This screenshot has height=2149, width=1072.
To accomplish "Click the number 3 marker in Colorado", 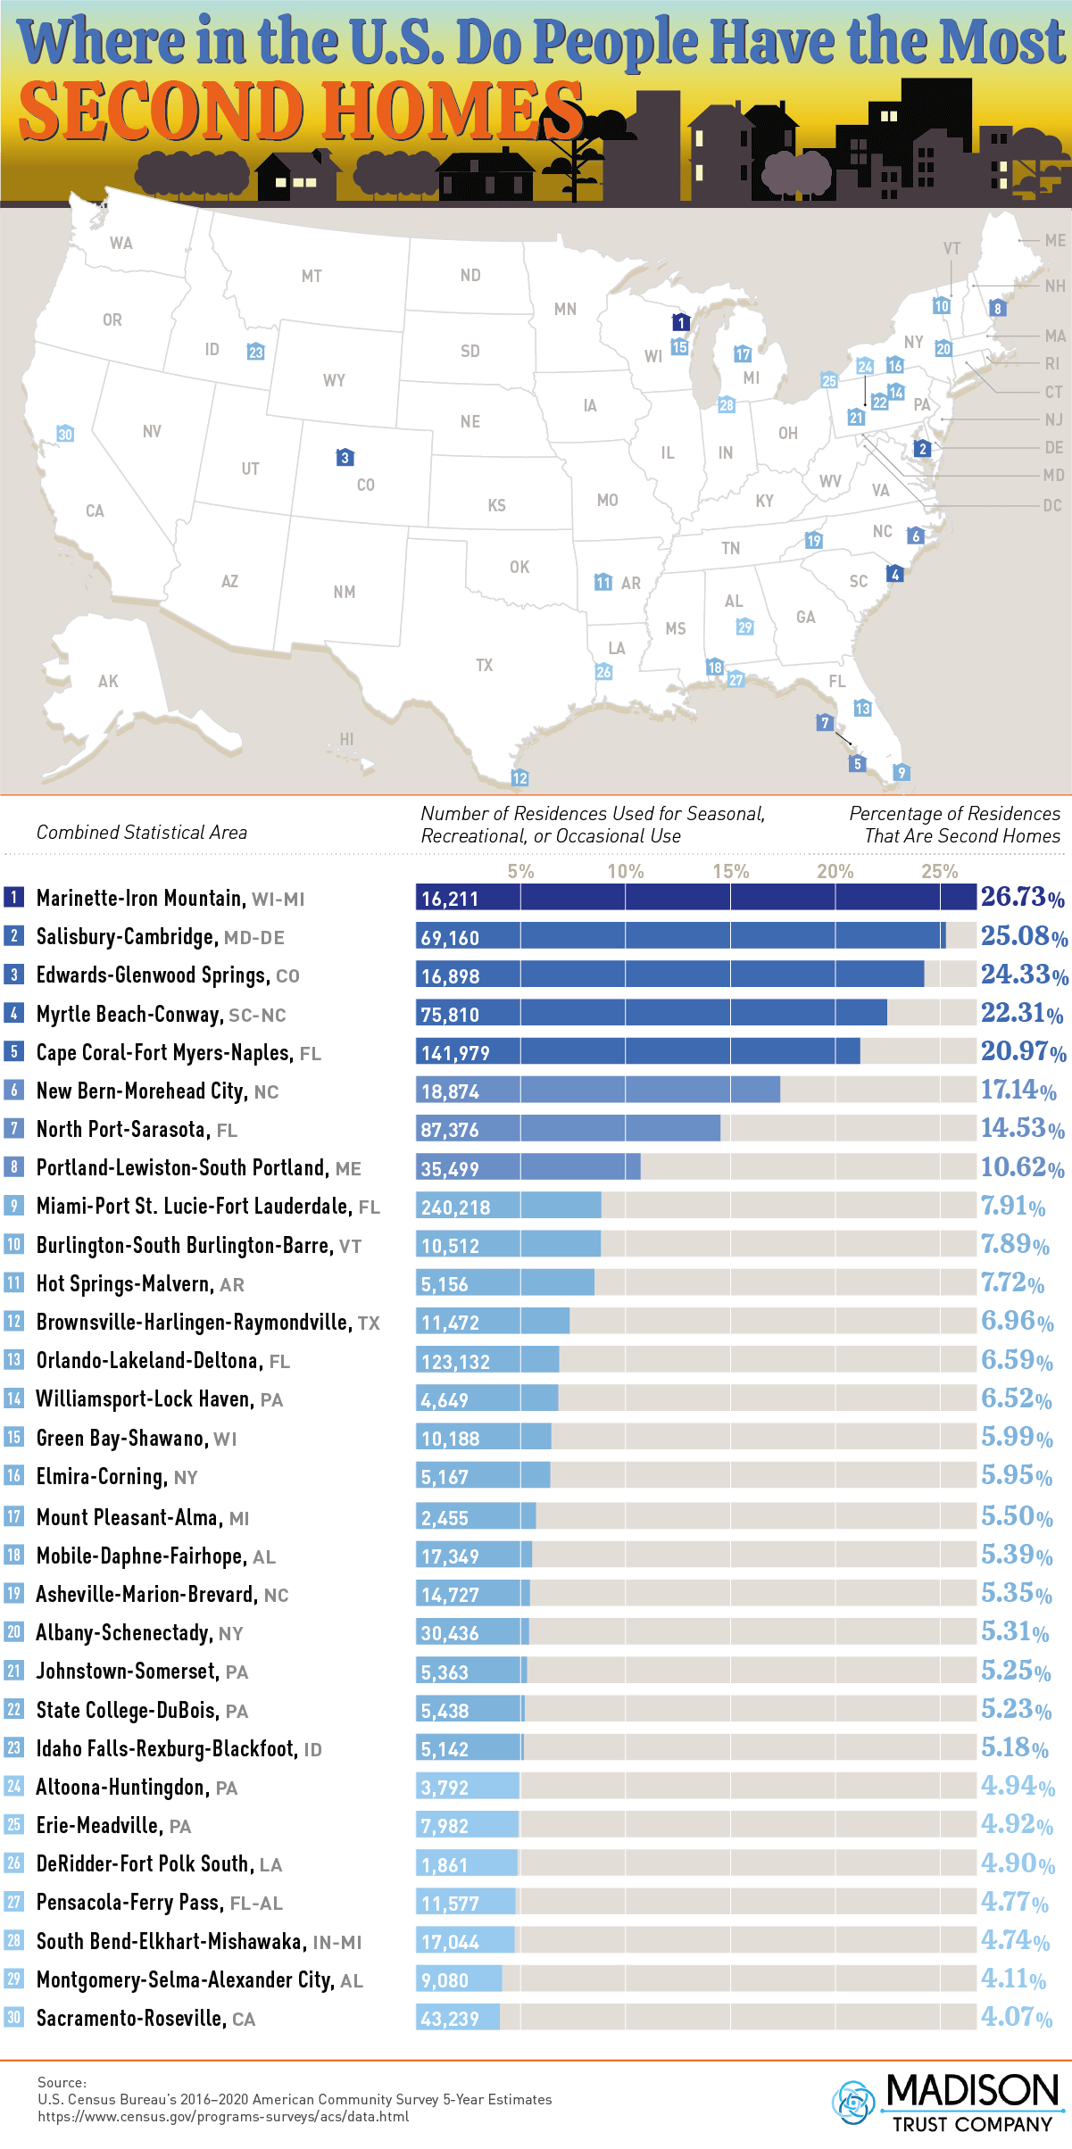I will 345,458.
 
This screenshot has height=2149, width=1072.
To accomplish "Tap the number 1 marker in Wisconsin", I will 680,322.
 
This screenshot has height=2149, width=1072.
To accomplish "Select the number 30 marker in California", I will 65,435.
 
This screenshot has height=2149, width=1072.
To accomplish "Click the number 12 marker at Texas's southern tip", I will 519,777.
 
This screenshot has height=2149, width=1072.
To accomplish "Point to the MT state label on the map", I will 312,277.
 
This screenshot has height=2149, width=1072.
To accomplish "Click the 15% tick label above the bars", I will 730,871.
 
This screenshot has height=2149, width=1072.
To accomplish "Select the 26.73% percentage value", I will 1022,897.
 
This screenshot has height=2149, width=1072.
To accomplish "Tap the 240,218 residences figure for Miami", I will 455,1207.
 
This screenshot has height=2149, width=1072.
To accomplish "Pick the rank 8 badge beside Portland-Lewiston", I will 13,1167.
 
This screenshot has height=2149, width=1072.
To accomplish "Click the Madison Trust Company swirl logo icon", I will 852,2102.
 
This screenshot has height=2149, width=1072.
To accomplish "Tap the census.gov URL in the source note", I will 223,2116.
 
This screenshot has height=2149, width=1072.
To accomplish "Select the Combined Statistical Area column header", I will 142,833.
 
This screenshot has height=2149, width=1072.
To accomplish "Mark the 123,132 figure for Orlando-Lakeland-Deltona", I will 455,1362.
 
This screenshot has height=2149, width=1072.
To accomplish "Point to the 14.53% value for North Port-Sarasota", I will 1022,1128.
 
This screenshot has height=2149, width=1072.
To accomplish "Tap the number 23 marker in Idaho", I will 256,352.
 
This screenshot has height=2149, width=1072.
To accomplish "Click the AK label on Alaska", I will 108,682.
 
